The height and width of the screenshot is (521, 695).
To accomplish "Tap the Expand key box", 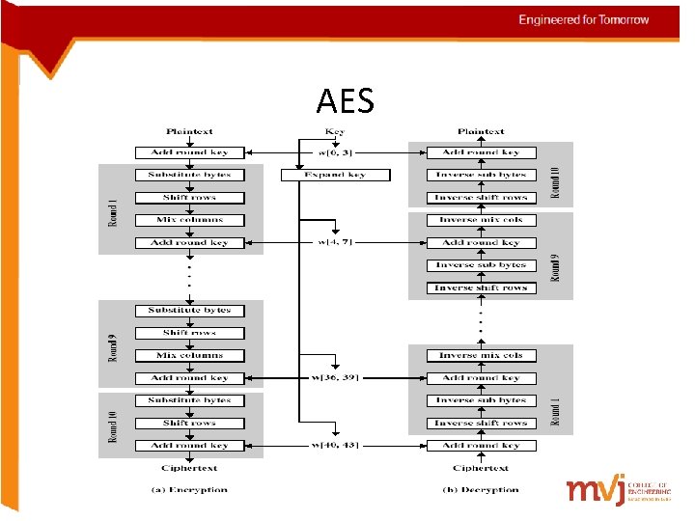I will [336, 175].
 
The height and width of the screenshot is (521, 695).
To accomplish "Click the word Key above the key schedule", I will [335, 131].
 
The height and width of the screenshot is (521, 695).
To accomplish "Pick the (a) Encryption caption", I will [189, 489].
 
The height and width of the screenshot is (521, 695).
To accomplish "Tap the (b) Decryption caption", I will [480, 489].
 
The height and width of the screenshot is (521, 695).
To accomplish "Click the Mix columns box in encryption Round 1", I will [189, 220].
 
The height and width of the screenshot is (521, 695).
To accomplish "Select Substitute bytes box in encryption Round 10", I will [189, 400].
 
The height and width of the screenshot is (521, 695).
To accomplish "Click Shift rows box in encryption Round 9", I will [189, 333].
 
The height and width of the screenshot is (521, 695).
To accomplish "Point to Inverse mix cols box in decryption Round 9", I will [480, 220].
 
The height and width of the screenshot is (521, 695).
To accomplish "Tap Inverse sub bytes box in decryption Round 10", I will [480, 175].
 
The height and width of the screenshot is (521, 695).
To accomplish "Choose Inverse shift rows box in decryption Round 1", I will [480, 423].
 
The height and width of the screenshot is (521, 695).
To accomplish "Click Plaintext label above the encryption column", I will [189, 131].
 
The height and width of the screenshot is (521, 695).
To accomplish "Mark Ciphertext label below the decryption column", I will [480, 468].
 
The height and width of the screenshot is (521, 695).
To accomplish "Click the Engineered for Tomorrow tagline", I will [583, 19].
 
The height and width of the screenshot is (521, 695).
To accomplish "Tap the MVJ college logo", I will [618, 490].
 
